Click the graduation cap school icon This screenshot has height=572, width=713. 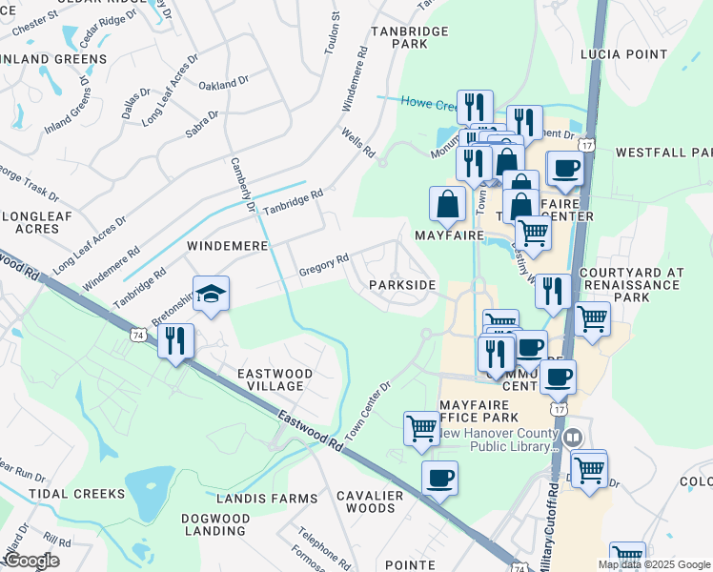coord(212,293)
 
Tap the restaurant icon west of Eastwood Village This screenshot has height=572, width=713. coord(175,341)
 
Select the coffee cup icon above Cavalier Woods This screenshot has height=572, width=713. coord(439,478)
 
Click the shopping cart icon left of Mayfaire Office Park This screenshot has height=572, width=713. coord(421,428)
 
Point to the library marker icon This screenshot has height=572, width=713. coord(573,439)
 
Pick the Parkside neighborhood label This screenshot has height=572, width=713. coord(402,285)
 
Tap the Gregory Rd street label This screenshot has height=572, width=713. coord(324,260)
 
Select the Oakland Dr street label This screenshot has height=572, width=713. coord(223,85)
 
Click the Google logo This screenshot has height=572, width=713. coord(31,561)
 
